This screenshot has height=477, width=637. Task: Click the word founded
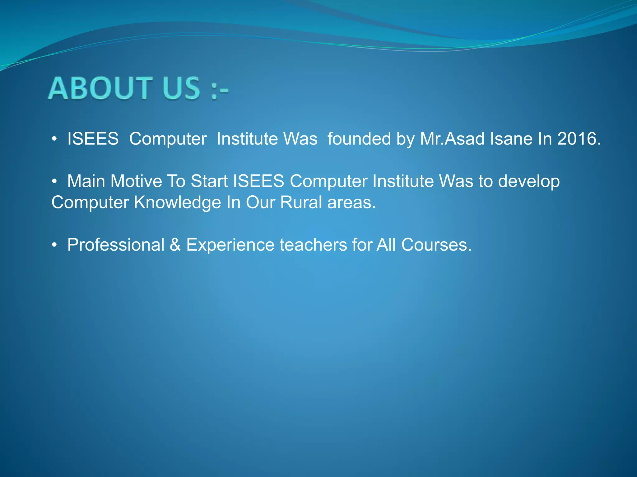359,139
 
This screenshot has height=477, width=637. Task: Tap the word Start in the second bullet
209,181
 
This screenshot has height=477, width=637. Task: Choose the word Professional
116,245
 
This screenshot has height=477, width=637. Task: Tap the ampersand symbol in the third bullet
175,245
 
